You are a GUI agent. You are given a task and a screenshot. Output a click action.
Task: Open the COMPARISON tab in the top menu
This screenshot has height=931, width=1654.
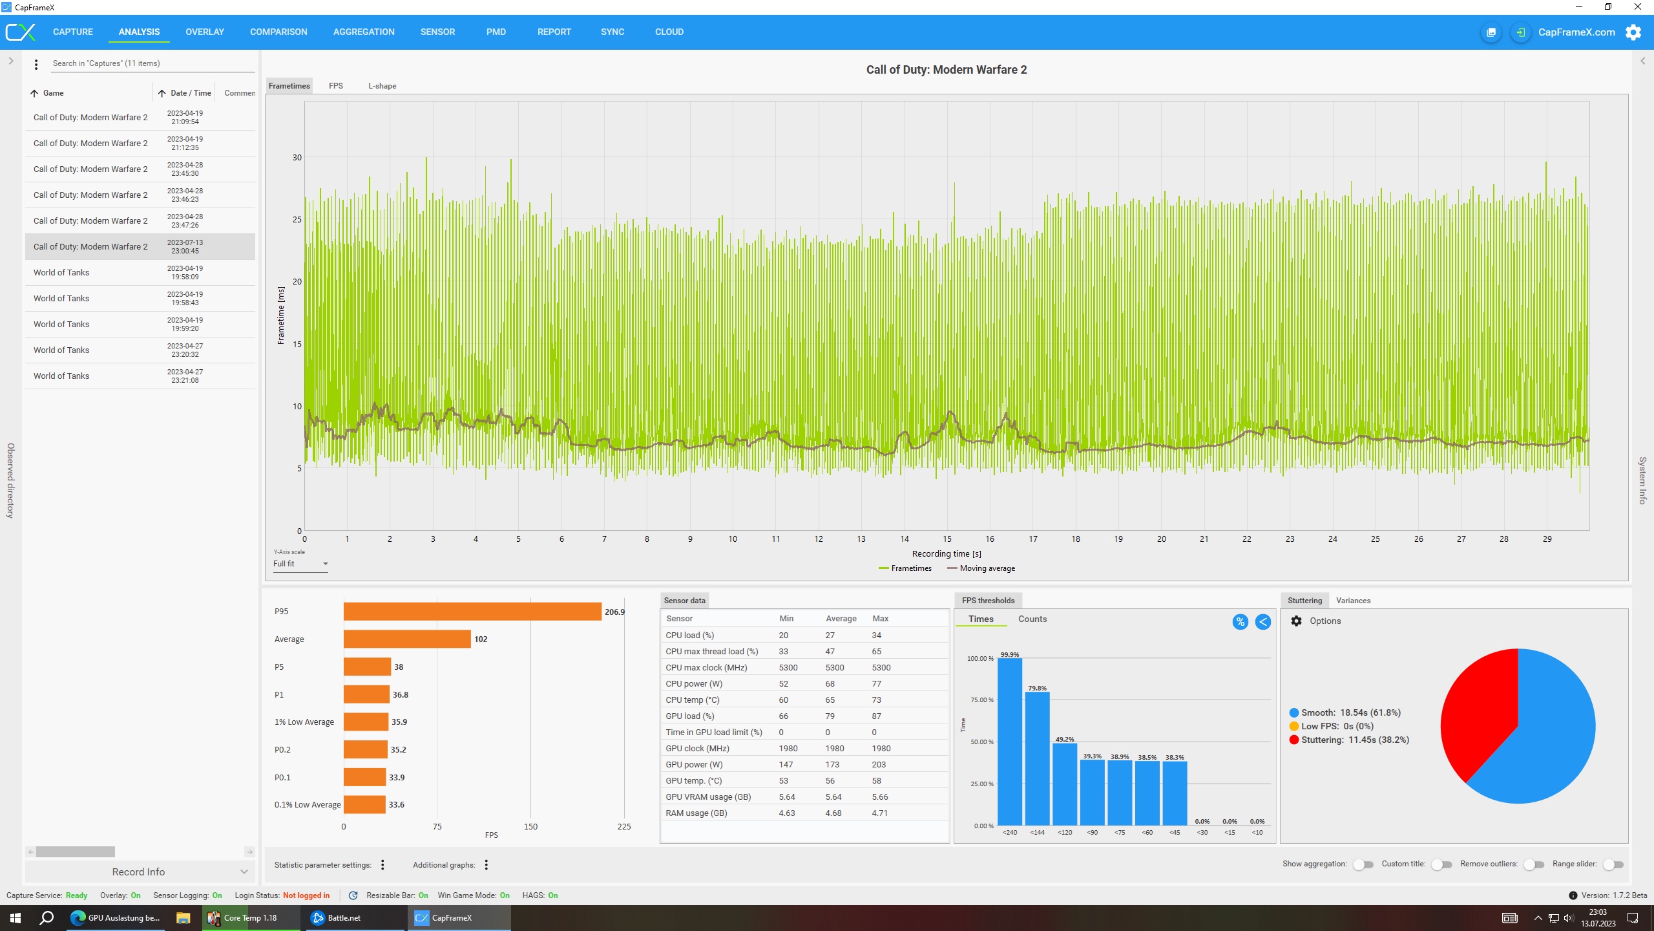[x=278, y=32]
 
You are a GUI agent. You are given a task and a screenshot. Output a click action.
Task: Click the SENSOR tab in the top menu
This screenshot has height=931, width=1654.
[x=437, y=32]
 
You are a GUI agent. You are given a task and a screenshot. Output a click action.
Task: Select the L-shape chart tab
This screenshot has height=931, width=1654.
[x=382, y=86]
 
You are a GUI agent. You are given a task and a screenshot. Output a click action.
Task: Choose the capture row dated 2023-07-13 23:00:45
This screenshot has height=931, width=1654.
[x=140, y=246]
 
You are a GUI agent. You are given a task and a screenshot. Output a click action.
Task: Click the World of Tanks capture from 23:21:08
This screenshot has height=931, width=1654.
[x=140, y=376]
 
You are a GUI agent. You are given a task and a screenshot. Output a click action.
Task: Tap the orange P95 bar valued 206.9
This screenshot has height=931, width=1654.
[x=472, y=612]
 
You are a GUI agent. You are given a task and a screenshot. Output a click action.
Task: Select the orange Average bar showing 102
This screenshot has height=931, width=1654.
[x=407, y=639]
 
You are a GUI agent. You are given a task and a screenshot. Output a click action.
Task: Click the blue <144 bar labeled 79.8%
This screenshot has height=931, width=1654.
[x=1037, y=758]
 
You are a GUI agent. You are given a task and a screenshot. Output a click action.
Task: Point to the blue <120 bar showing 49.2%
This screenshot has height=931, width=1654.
[x=1065, y=784]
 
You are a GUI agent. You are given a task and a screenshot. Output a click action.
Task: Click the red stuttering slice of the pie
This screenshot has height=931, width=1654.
[x=1480, y=711]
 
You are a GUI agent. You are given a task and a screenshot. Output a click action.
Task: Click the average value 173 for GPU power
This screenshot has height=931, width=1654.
[x=832, y=764]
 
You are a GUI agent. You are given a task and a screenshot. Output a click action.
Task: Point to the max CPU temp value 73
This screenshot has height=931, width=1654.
[x=876, y=700]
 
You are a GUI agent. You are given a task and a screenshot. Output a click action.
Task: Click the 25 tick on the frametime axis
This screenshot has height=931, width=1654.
[x=297, y=219]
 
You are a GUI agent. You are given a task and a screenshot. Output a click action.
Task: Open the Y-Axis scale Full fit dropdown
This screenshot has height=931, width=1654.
[x=300, y=564]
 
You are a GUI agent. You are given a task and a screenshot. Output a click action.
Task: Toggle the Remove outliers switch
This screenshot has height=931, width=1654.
[x=1534, y=864]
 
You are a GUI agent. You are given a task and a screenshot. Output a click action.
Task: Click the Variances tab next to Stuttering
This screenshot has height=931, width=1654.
[x=1353, y=601]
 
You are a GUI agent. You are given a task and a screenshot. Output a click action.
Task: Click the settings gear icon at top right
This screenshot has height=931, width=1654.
[x=1633, y=32]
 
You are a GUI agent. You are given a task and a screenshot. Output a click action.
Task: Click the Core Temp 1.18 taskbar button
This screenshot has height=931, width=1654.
[x=251, y=917]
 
